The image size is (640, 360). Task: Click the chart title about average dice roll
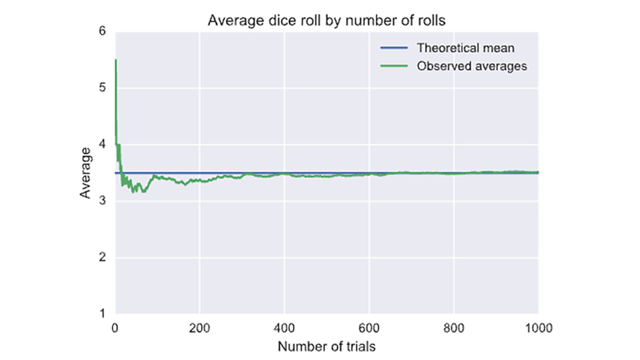coord(326,20)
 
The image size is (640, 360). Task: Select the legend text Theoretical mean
coord(465,48)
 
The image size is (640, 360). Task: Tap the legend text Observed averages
coord(471,66)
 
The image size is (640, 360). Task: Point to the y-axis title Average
coord(87,173)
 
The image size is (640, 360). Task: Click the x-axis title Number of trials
coord(327,346)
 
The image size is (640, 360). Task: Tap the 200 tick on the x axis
coord(199,328)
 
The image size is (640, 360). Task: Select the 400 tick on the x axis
coord(284,328)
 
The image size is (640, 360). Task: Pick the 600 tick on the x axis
coord(369,328)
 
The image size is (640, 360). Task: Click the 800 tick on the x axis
coord(454,328)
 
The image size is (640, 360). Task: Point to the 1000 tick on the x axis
coord(537,328)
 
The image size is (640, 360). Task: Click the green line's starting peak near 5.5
coord(115,61)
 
